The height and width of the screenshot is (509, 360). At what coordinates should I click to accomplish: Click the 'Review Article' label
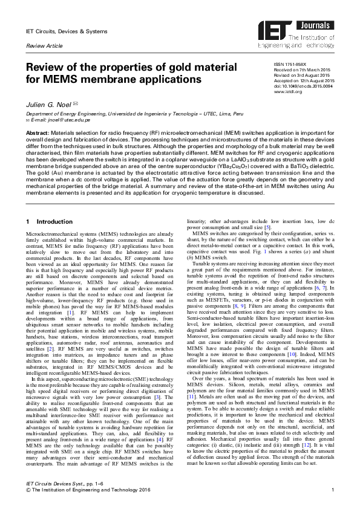coord(42,45)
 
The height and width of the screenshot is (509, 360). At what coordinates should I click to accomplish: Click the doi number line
coord(303,86)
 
